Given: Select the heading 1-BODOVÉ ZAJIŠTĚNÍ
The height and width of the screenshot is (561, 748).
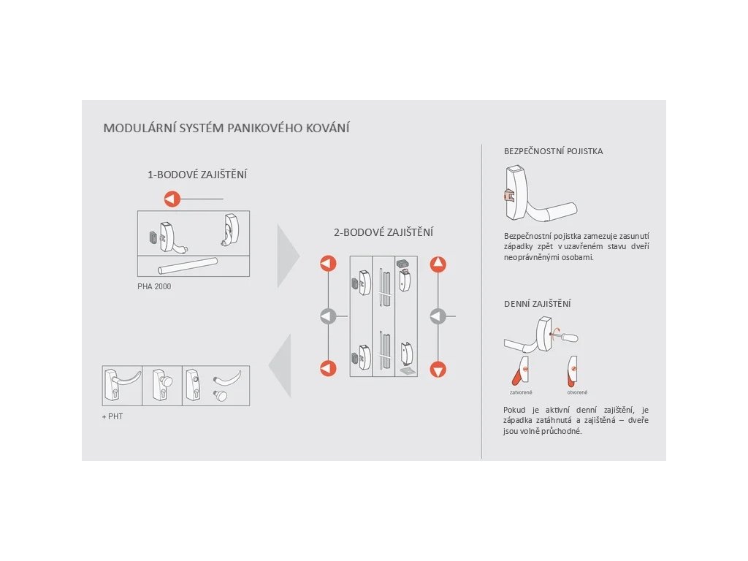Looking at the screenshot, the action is click(197, 175).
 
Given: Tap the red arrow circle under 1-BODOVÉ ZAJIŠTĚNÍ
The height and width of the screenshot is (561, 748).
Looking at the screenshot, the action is click(171, 199).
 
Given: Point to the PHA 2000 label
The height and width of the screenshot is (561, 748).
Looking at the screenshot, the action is click(154, 286).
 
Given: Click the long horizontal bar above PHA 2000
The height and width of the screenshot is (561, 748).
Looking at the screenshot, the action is click(189, 264).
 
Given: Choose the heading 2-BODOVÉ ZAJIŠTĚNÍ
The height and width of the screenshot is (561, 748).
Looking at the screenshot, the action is click(383, 232).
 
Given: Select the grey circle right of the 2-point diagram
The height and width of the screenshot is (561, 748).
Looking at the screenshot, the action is click(438, 316).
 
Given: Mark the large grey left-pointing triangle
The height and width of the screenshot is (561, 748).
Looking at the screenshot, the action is click(280, 365).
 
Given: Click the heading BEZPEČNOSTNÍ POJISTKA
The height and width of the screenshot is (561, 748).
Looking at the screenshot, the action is click(553, 151).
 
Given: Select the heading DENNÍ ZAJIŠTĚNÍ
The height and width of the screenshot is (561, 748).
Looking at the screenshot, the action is click(537, 303).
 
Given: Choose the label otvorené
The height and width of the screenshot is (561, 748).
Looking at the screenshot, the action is click(577, 392).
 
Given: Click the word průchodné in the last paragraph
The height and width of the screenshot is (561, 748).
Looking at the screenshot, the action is click(560, 431).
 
